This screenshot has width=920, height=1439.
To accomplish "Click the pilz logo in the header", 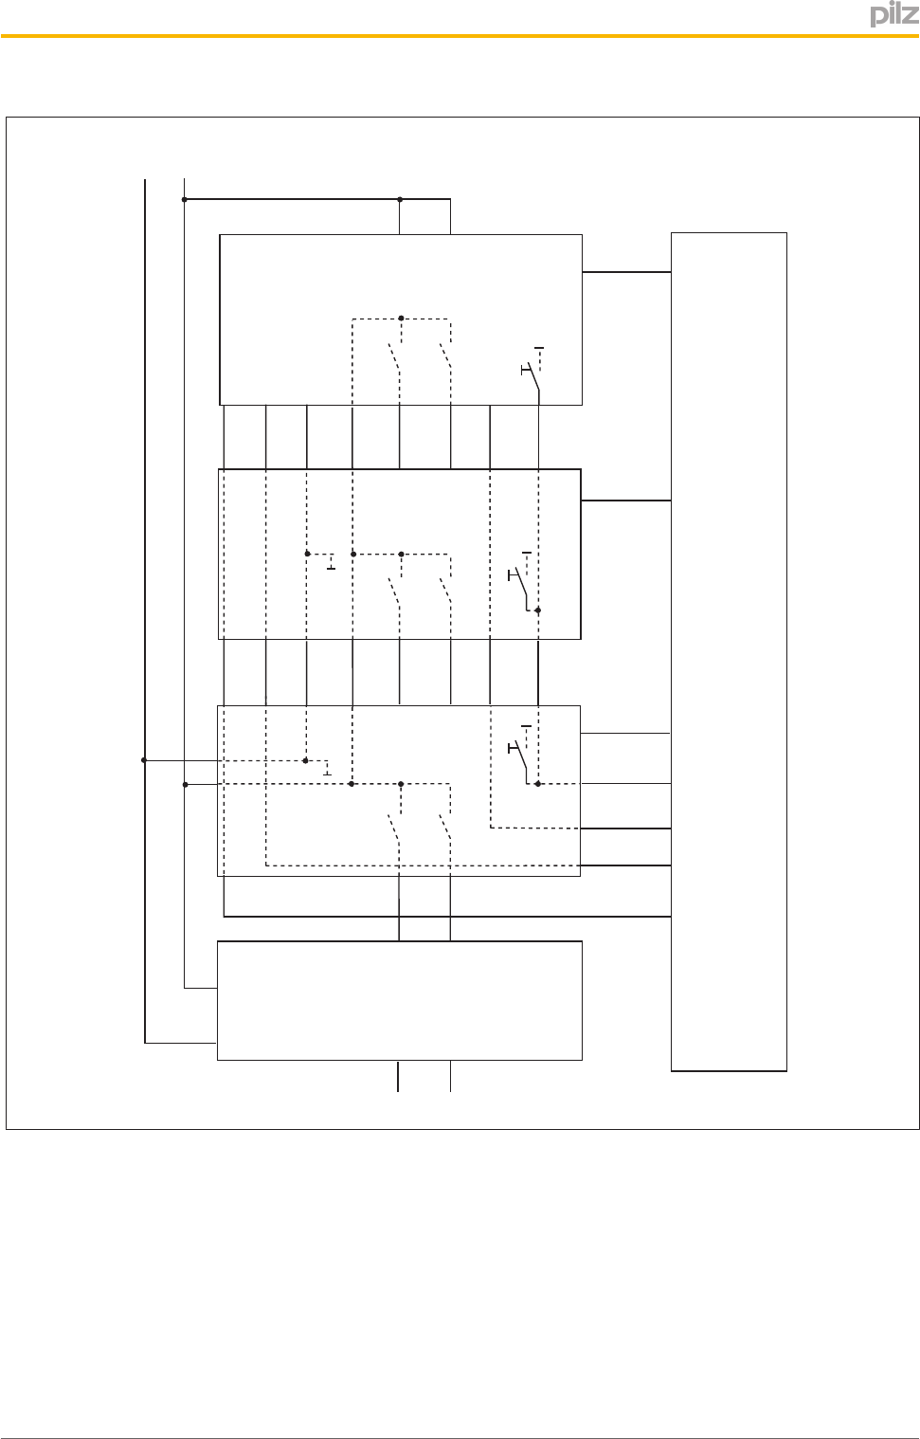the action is point(889,16).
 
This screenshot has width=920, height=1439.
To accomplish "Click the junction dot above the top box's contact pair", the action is point(401,318).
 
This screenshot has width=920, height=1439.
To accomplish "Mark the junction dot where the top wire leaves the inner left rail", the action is point(184,199).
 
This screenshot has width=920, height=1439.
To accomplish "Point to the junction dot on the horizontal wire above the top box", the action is point(400,199).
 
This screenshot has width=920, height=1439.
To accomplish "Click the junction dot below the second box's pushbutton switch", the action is point(537,610).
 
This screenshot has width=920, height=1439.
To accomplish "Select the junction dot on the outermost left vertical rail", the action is point(144,759).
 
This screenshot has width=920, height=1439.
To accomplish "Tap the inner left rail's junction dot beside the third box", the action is point(185,784).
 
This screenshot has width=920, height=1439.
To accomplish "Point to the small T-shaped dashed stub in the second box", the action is point(329,561).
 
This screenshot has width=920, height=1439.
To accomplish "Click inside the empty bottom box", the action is point(399,1000).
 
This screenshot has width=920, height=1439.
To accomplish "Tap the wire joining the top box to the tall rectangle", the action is point(626,272).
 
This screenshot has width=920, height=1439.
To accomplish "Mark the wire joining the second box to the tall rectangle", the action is point(626,501).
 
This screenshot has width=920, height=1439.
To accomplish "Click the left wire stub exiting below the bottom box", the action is point(398,1077).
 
